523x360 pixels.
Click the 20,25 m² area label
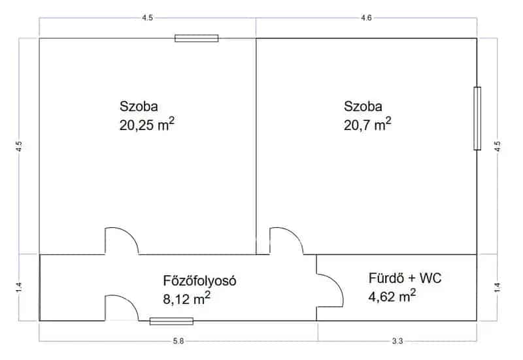pos(146,124)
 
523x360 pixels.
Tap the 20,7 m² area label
pos(367,124)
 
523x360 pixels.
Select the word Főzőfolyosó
pos(200,281)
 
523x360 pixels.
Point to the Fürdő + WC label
pos(405,278)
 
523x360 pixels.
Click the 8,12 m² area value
pos(186,299)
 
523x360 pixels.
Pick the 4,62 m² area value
pos(392,296)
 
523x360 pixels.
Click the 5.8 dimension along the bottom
pos(178,341)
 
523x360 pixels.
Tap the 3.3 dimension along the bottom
pos(397,341)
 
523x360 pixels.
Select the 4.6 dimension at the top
pos(366,18)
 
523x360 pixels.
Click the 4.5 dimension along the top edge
pos(148,18)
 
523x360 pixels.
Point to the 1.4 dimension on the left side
pos(19,287)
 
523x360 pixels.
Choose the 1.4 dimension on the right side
pos(498,287)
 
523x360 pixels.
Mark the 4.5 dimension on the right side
pos(498,146)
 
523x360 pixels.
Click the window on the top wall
pos(197,39)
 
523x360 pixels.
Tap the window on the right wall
pos(477,118)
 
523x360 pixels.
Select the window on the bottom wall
pos(171,321)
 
